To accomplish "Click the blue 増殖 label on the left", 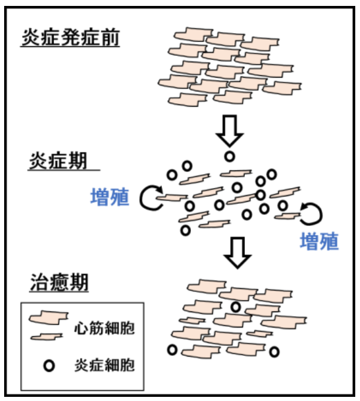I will pyautogui.click(x=110, y=198).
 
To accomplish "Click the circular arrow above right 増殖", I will pyautogui.click(x=310, y=212).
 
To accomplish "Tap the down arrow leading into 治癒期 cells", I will pyautogui.click(x=237, y=253).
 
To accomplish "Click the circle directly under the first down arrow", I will pyautogui.click(x=229, y=157).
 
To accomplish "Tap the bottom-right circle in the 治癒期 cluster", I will pyautogui.click(x=275, y=352).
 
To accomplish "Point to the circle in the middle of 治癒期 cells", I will pyautogui.click(x=235, y=307).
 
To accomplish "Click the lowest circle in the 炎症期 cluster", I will pyautogui.click(x=186, y=230).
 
